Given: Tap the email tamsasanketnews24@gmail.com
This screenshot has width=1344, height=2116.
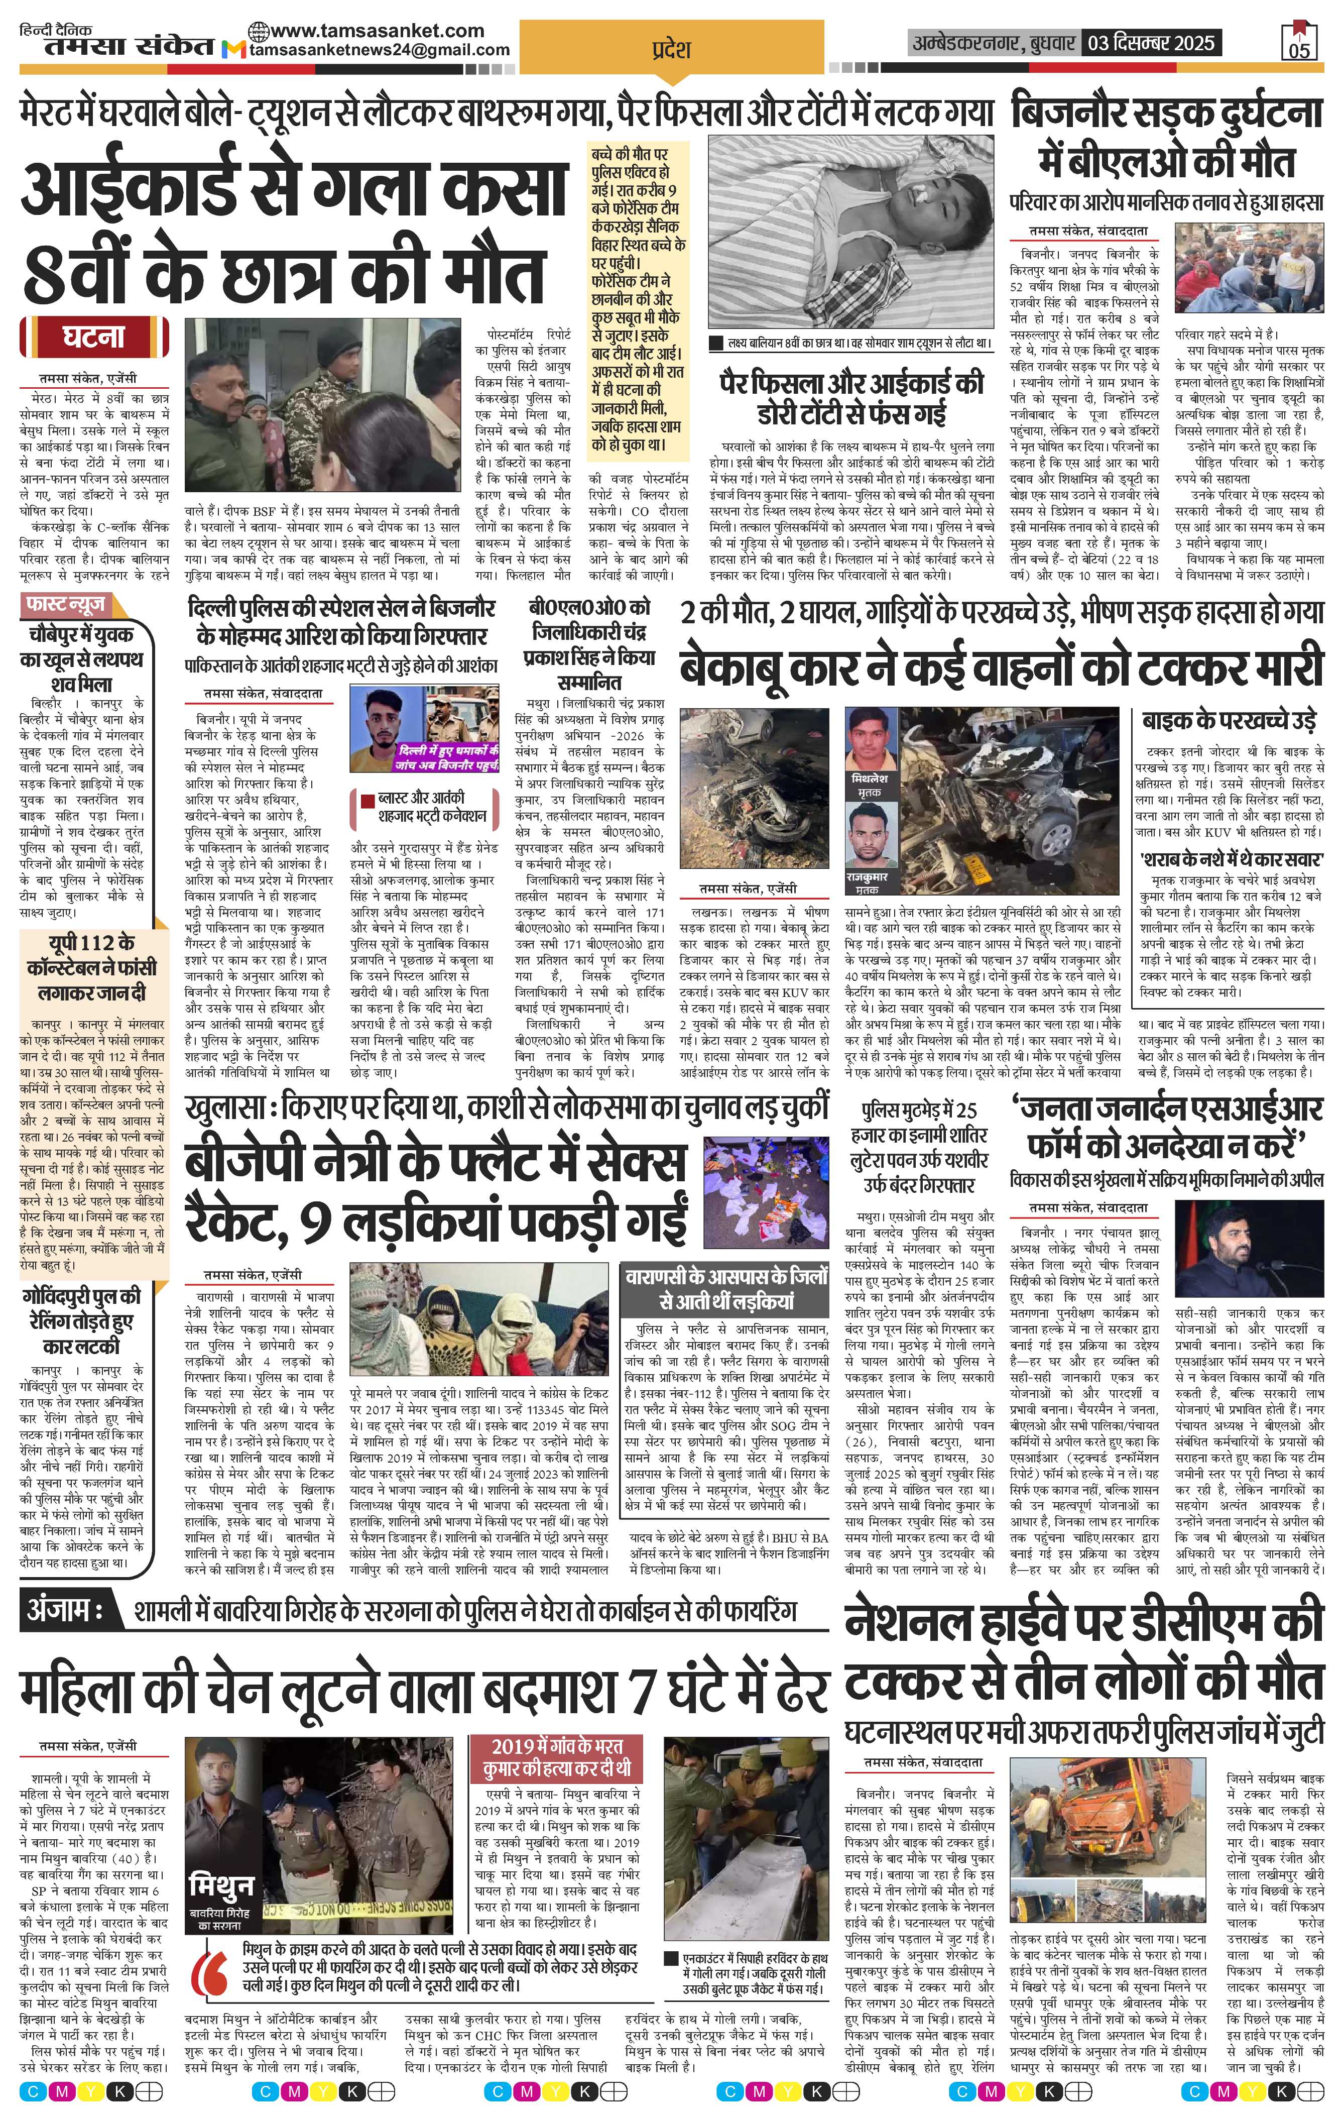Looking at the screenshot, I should [380, 50].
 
